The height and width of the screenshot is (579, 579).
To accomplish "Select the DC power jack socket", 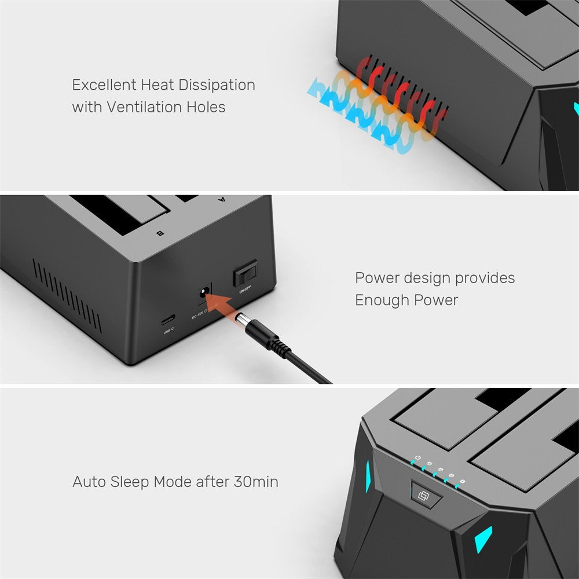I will pos(204,292).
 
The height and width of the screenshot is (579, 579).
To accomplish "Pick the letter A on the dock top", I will pos(221,200).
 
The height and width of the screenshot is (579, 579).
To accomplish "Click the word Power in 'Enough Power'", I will pos(436,300).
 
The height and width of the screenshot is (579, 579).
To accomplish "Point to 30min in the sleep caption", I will pos(256,482).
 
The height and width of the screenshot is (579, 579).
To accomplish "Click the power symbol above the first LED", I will pos(418,459).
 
